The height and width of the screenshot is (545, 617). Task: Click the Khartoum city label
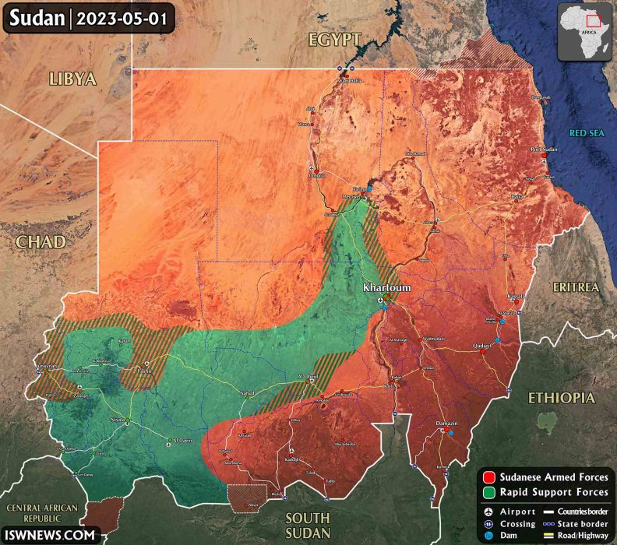pyautogui.click(x=386, y=287)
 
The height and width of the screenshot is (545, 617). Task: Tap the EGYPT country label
pyautogui.click(x=334, y=40)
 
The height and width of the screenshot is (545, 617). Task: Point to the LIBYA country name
pyautogui.click(x=72, y=79)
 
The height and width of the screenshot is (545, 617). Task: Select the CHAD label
pyautogui.click(x=40, y=242)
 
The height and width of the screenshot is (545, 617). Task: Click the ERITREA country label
pyautogui.click(x=576, y=287)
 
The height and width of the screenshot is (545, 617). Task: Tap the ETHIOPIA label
pyautogui.click(x=561, y=398)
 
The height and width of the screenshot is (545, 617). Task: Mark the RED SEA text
pyautogui.click(x=587, y=133)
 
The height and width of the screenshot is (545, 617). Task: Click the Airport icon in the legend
pyautogui.click(x=488, y=512)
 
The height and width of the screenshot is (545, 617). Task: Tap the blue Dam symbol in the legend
pyautogui.click(x=488, y=536)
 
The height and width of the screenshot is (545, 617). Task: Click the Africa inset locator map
pyautogui.click(x=586, y=31)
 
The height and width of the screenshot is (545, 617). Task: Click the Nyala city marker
pyautogui.click(x=125, y=423)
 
